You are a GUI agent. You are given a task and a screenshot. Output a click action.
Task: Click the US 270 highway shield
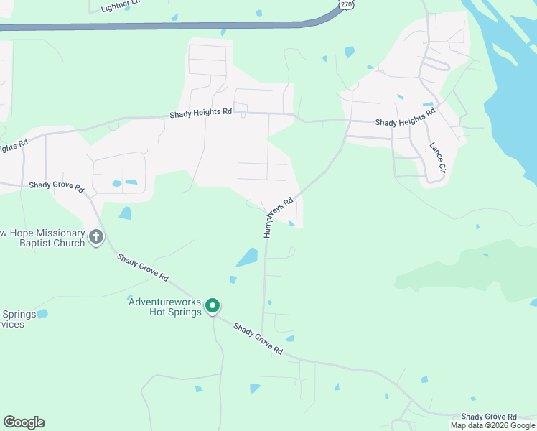coord(347,4)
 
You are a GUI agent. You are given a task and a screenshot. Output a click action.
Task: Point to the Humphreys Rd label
coord(279,218)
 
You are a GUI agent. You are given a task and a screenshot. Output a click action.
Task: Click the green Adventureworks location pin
coord(213,306)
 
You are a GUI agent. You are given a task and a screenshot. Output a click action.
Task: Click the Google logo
coord(24,422)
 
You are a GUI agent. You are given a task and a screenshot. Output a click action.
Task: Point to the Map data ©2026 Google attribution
coord(492,425)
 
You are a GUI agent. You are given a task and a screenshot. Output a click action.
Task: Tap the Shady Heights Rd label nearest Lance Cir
coord(405,119)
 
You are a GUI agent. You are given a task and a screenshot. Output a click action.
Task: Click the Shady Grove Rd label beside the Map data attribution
coord(489,417)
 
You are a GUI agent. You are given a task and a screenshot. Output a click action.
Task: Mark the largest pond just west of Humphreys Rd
coord(248,257)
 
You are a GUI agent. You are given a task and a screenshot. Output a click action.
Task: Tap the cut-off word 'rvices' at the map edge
coord(12,324)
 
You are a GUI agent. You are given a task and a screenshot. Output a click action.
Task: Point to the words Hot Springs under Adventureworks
coord(174,312)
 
